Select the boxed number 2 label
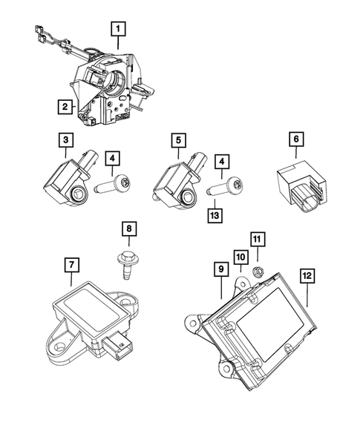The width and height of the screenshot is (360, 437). pos(66,108)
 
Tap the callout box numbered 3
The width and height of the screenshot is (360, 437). pos(66,139)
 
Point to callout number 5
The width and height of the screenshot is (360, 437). pos(178,139)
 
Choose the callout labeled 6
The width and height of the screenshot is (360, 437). pos(295,139)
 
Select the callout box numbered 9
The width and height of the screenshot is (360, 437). pos(220,271)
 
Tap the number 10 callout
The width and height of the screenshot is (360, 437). pos(240,257)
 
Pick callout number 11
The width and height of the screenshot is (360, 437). pos(257,239)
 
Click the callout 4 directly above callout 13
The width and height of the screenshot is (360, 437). pos(220,160)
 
